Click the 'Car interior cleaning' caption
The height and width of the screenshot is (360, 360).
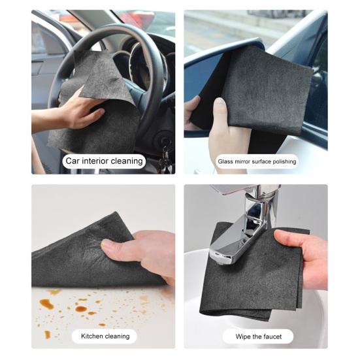(x=103, y=160)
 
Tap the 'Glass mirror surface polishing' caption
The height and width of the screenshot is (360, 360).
(x=257, y=161)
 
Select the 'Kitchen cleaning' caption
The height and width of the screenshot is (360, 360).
(x=105, y=336)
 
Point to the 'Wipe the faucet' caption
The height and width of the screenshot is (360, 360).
(x=257, y=336)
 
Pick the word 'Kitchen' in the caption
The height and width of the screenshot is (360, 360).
(x=91, y=336)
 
